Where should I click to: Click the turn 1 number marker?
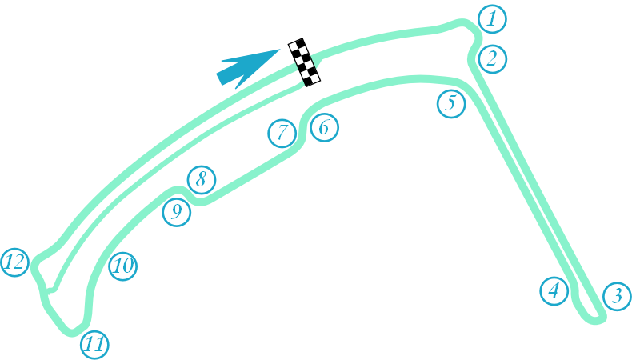click(x=493, y=18)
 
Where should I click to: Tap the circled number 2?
click(x=492, y=58)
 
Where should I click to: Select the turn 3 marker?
click(x=616, y=297)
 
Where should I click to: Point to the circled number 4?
click(x=554, y=290)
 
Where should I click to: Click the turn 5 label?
click(x=451, y=102)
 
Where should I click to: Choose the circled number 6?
click(x=324, y=126)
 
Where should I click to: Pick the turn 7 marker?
click(x=282, y=133)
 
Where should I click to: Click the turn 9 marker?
click(x=177, y=212)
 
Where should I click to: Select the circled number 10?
click(x=122, y=266)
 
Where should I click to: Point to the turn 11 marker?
click(x=94, y=345)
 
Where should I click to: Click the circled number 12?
click(x=15, y=262)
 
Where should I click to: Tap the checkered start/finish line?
click(x=305, y=62)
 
